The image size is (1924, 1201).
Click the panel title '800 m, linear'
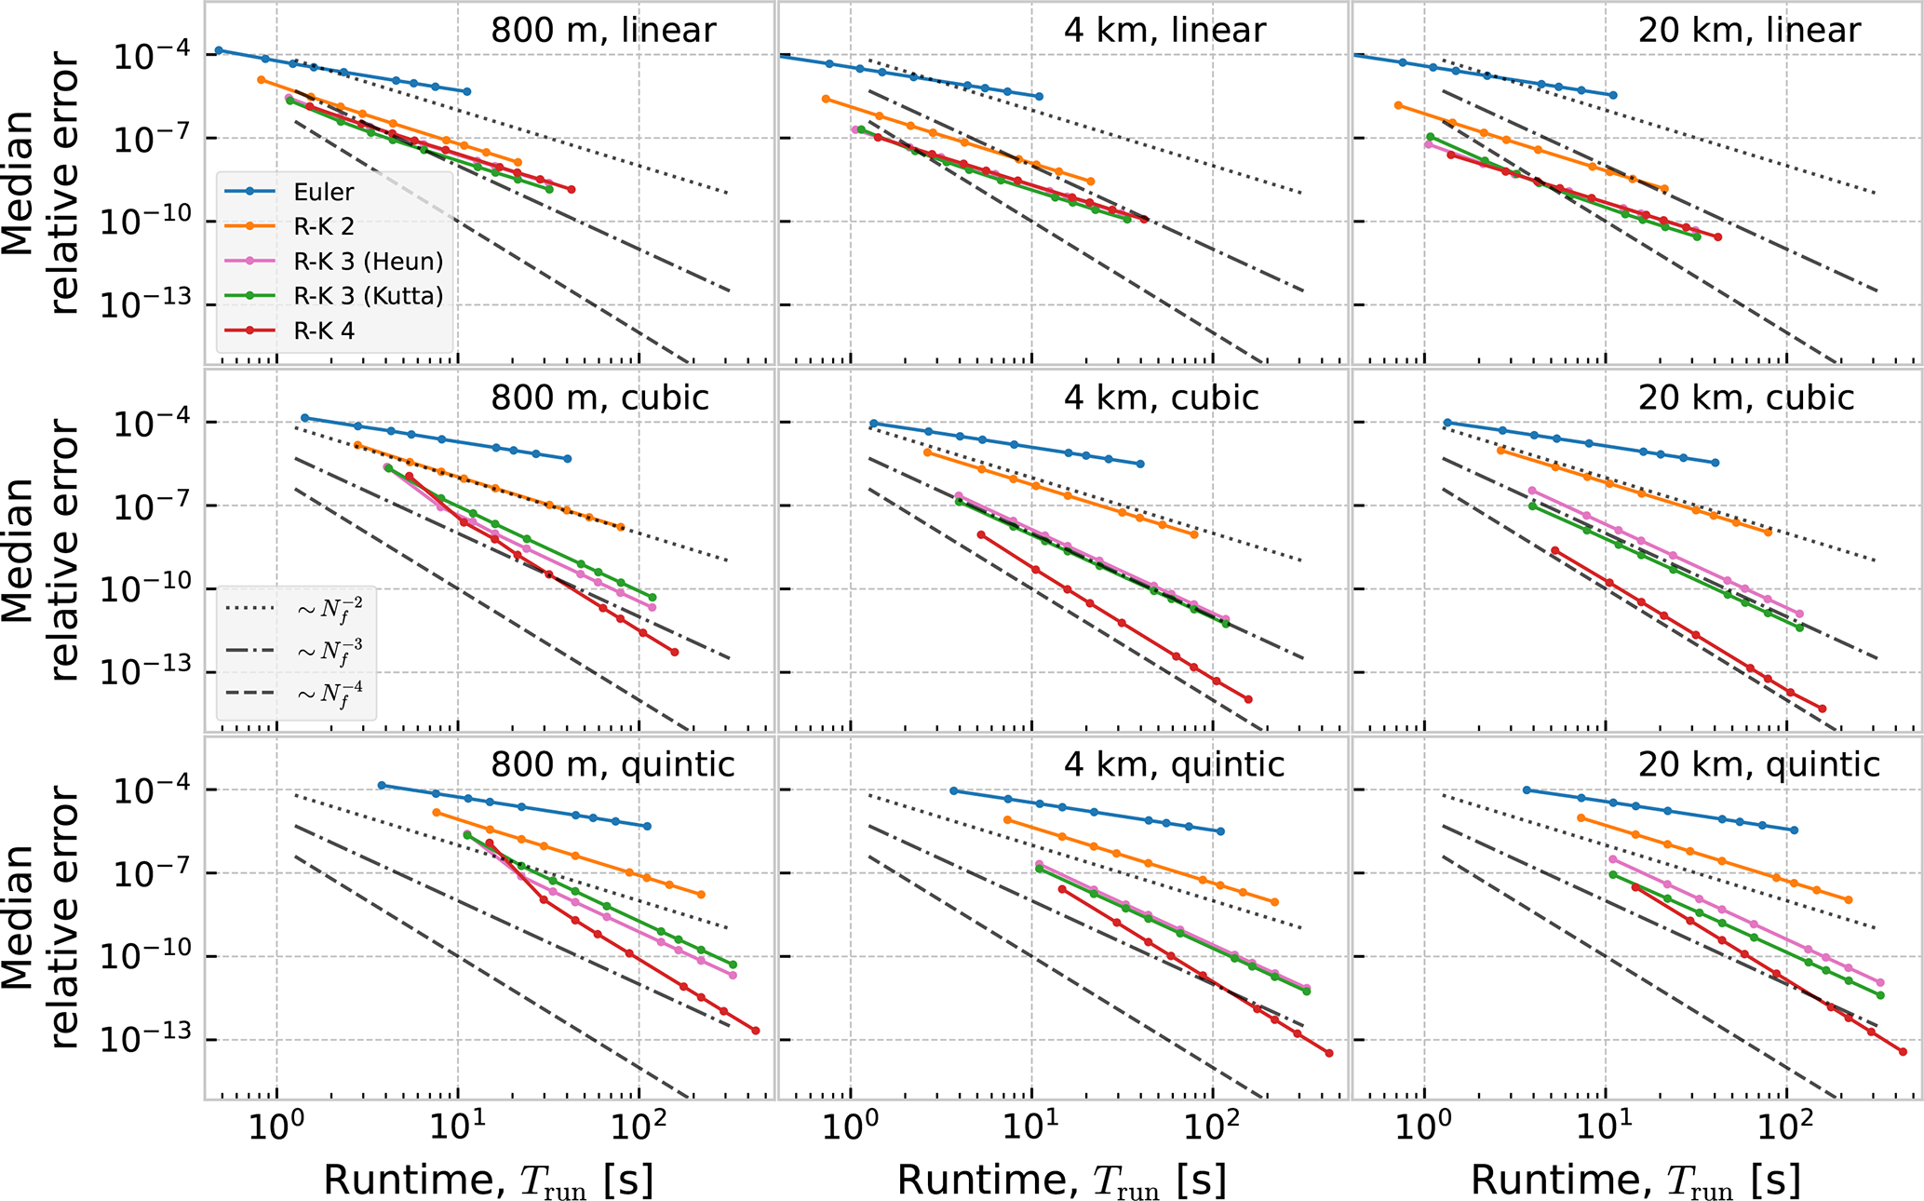point(603,30)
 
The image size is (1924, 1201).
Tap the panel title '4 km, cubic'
point(1161,398)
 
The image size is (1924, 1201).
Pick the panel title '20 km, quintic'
point(1758,764)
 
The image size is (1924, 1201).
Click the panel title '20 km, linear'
point(1749,30)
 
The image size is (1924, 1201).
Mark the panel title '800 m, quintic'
point(612,764)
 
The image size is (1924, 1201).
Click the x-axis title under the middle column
point(1062,1181)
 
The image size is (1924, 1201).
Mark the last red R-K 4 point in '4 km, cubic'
point(1248,699)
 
